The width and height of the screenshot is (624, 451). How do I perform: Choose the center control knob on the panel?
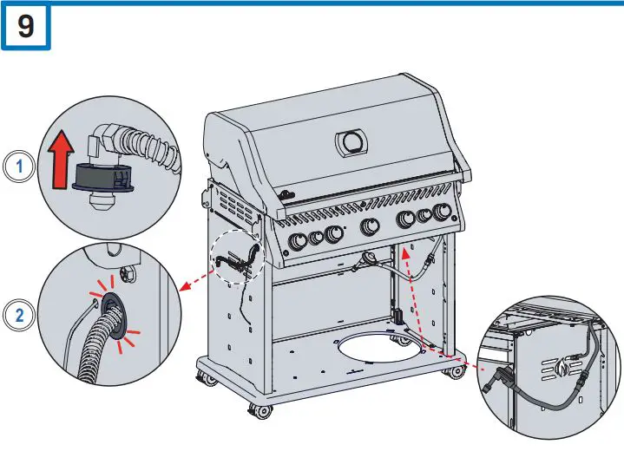(x=370, y=227)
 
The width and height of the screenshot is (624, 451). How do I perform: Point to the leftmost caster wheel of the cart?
(x=209, y=379)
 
